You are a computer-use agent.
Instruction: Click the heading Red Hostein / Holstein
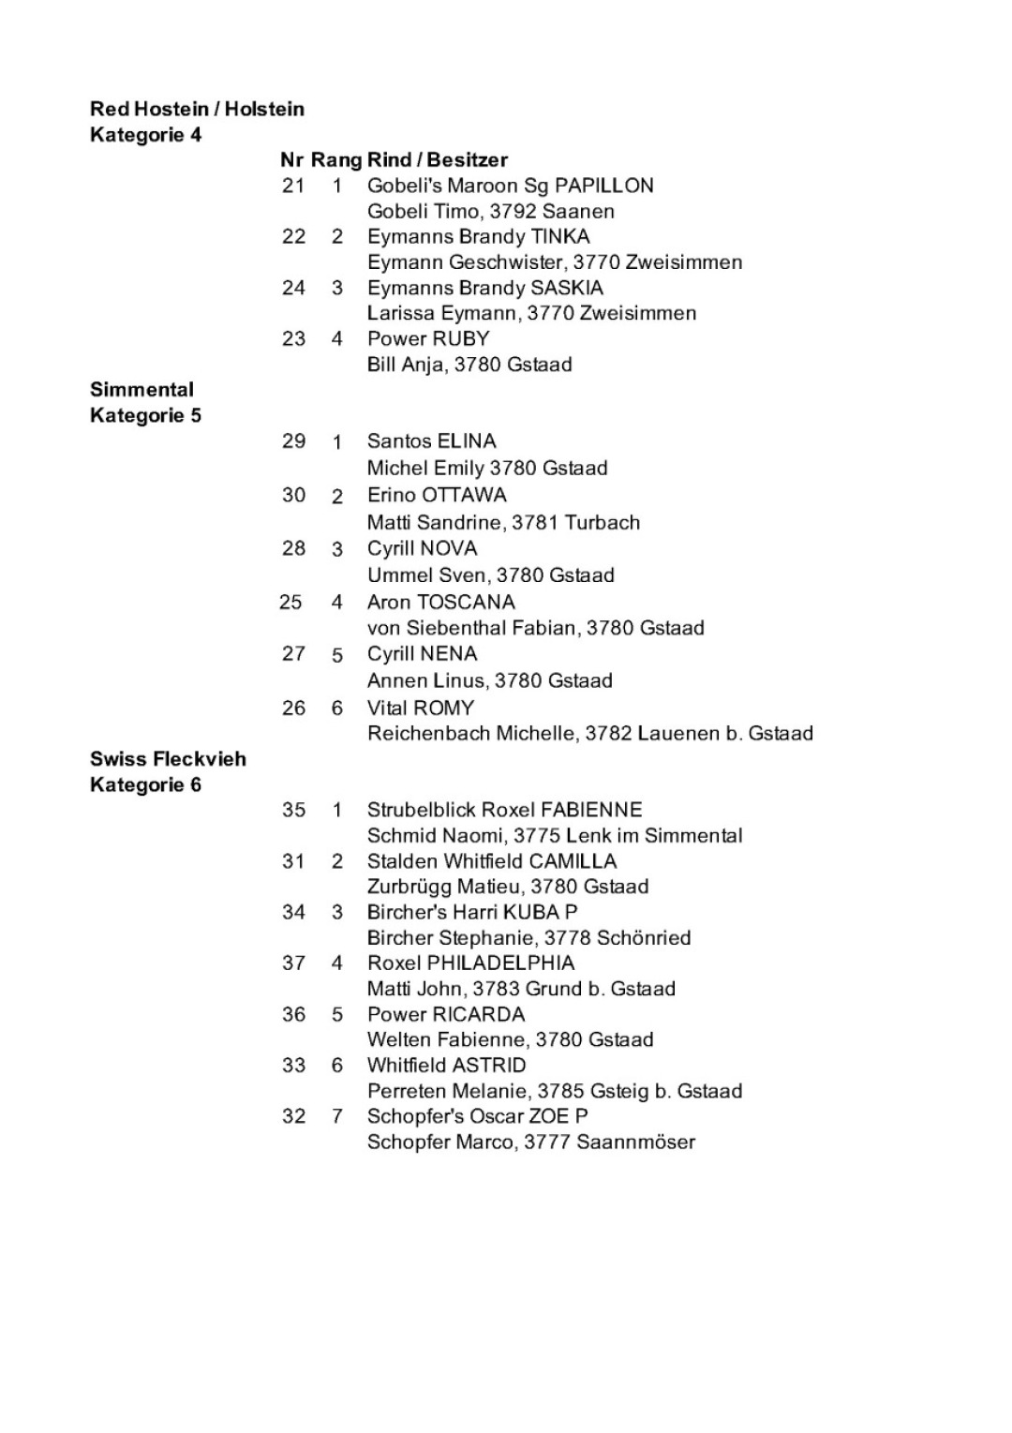[197, 109]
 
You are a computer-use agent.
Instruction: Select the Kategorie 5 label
[145, 415]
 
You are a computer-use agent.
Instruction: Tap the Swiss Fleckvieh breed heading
[168, 759]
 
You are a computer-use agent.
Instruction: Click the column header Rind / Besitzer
[438, 160]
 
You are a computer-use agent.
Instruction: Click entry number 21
[293, 186]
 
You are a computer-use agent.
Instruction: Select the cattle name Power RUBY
[428, 339]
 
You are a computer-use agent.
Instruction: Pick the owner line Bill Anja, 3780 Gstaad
[469, 365]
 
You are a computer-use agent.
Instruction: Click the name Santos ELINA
[431, 441]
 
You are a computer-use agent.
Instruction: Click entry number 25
[290, 602]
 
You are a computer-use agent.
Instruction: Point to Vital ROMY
[421, 708]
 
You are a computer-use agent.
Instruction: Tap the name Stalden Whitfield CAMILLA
[492, 861]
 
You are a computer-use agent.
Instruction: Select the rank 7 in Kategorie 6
[337, 1116]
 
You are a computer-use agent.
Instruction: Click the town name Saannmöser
[635, 1142]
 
